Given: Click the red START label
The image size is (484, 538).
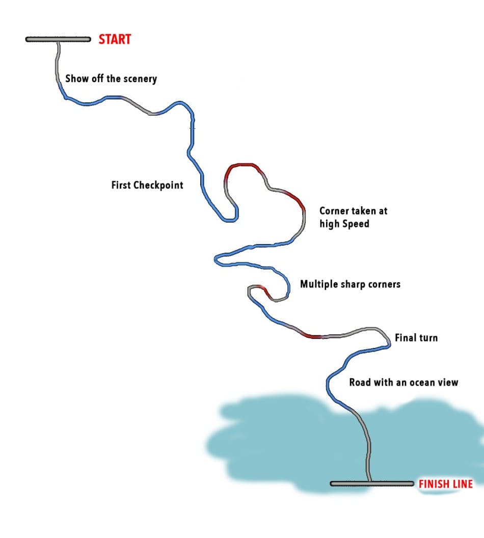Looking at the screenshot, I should point(115,39).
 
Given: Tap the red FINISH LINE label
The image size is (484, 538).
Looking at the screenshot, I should point(446,484).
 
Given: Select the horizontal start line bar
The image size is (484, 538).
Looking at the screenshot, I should point(58,39).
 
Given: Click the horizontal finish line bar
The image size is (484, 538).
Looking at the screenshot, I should point(372,483).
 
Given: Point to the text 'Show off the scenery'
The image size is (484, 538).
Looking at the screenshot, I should point(111,79).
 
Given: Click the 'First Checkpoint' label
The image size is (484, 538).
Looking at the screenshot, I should point(147,185).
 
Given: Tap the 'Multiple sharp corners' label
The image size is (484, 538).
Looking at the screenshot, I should point(350,284).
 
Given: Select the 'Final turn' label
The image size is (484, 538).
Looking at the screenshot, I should point(416,337).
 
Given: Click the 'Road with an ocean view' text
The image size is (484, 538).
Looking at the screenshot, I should point(404,382).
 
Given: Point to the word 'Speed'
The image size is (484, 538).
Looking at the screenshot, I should point(355,223).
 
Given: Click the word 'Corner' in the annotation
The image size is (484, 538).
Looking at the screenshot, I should point(335,210).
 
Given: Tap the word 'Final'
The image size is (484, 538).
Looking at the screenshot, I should point(406,337).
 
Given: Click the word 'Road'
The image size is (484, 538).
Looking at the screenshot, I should point(359,382).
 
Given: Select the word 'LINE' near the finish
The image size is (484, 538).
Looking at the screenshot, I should point(463,484).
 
